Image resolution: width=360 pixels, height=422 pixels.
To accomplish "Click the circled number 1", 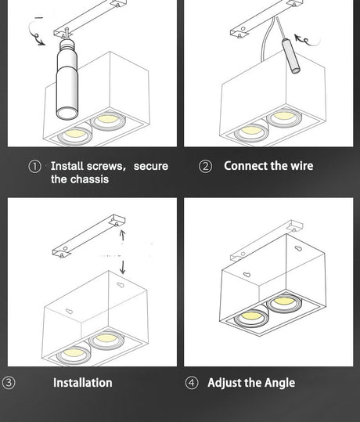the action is (34, 166).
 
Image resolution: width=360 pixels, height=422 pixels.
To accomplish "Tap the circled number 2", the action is (205, 166).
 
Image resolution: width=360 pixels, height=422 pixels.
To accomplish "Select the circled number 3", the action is (9, 382).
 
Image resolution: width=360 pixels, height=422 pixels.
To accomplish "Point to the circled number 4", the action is (192, 383).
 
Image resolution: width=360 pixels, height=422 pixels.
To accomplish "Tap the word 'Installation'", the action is (83, 383).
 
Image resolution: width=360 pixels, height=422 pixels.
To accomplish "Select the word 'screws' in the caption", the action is (106, 166).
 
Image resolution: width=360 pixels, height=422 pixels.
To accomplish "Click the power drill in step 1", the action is (67, 78).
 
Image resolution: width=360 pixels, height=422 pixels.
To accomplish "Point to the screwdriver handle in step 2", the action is (290, 56).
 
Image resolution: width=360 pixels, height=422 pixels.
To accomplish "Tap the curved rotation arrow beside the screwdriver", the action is (307, 41).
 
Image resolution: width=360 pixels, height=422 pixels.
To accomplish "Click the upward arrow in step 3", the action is (122, 235).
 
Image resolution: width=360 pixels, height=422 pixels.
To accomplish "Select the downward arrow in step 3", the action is (122, 267).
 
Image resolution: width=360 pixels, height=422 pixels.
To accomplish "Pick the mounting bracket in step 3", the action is (88, 236).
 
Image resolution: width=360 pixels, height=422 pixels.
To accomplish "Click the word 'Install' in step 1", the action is (67, 166).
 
